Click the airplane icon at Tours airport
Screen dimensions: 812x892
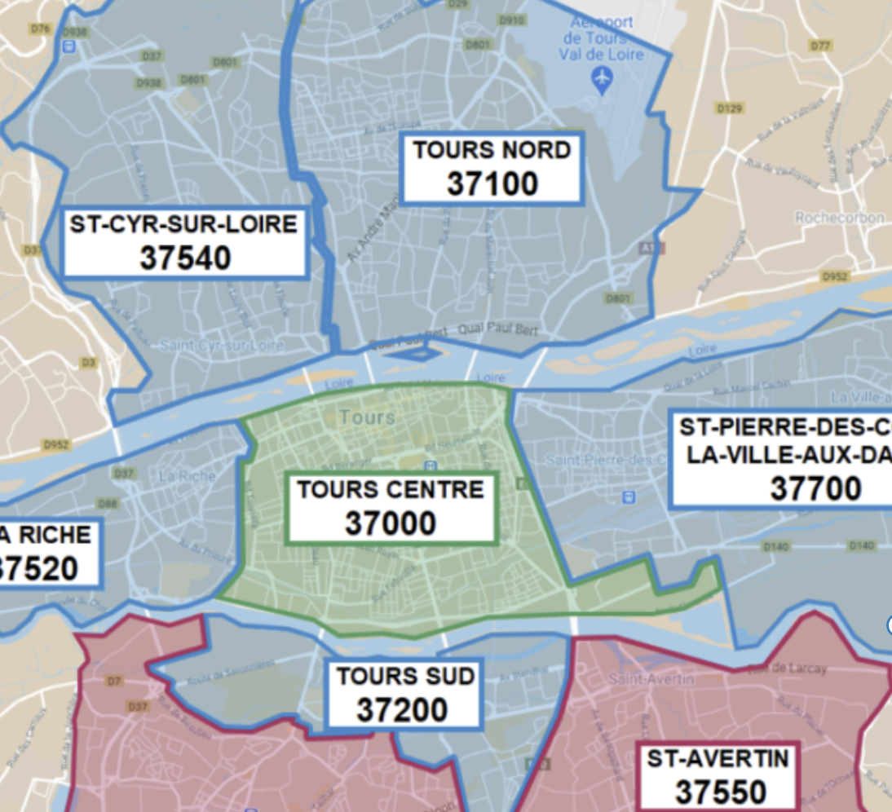pyautogui.click(x=603, y=79)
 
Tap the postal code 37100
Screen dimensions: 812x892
pyautogui.click(x=492, y=183)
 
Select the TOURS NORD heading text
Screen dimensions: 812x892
pyautogui.click(x=492, y=151)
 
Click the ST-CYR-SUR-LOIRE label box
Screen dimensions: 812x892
pyautogui.click(x=184, y=241)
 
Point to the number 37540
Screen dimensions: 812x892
pyautogui.click(x=185, y=258)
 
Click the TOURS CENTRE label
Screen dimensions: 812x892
pyautogui.click(x=391, y=490)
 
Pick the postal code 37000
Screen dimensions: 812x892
pyautogui.click(x=391, y=523)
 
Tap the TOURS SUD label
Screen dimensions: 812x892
pyautogui.click(x=405, y=677)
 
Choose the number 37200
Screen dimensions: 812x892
pyautogui.click(x=402, y=710)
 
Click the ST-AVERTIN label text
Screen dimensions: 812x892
pyautogui.click(x=718, y=760)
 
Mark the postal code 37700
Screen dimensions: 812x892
pyautogui.click(x=815, y=489)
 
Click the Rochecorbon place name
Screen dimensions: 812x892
pyautogui.click(x=840, y=218)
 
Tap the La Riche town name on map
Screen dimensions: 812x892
pyautogui.click(x=188, y=475)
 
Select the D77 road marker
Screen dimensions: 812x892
pyautogui.click(x=820, y=46)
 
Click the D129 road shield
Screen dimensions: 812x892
pyautogui.click(x=729, y=108)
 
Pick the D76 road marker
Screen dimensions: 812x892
pyautogui.click(x=40, y=29)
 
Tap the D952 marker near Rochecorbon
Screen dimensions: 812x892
pyautogui.click(x=834, y=277)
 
